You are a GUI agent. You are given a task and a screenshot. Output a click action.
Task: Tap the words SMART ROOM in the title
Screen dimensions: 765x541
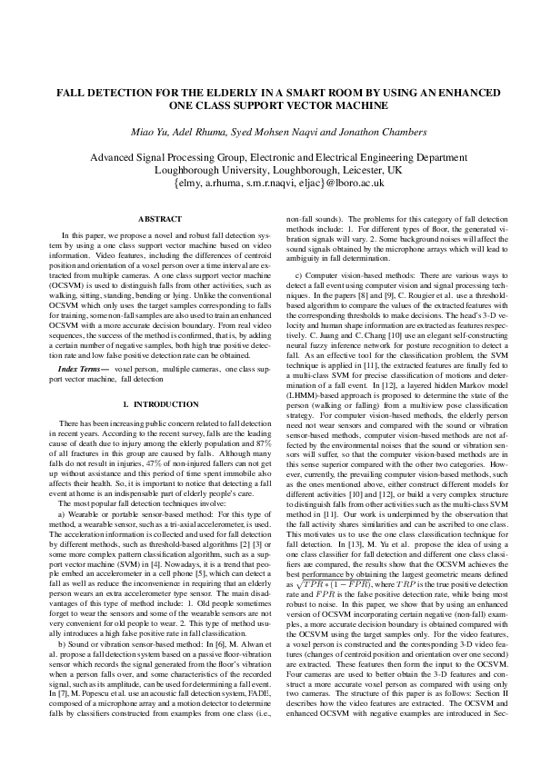click(307, 93)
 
